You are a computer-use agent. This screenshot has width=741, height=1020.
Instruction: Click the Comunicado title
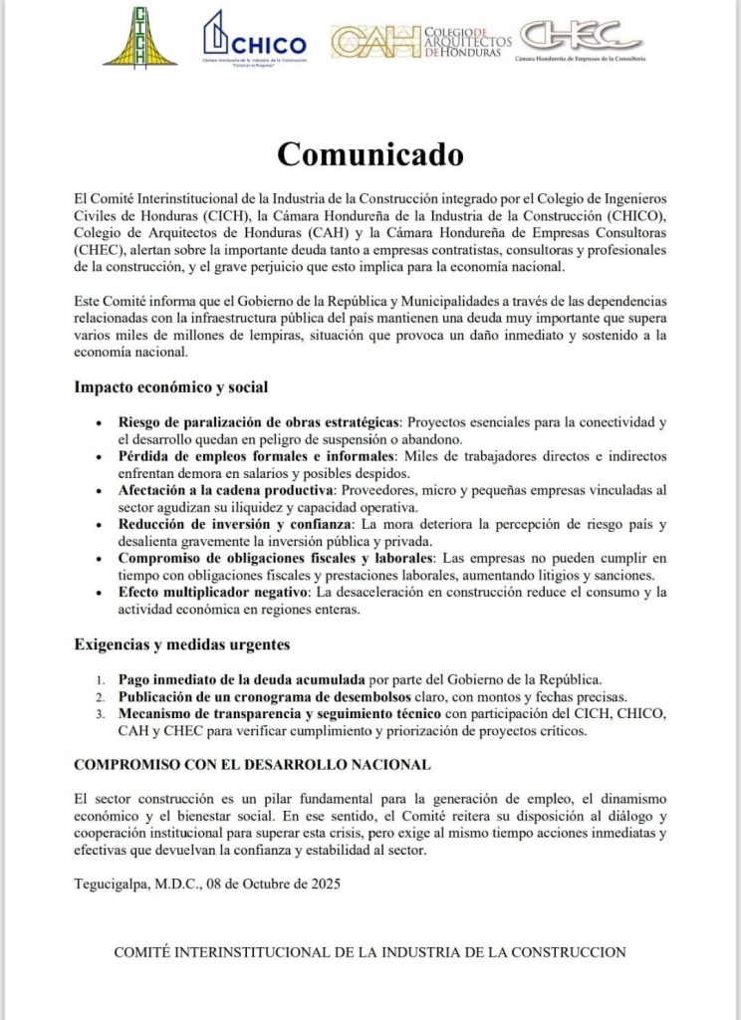[x=370, y=154]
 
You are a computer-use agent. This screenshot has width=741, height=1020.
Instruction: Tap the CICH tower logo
[x=139, y=37]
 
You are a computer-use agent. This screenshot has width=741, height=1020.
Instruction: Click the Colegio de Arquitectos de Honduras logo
[x=420, y=40]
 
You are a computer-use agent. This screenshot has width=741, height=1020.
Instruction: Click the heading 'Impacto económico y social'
[x=170, y=386]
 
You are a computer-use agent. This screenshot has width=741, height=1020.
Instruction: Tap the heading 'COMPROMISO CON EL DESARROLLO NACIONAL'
[x=253, y=764]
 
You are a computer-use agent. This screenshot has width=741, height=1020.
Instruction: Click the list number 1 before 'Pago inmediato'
[x=102, y=679]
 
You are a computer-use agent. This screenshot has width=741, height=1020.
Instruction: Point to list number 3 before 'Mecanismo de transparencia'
[x=102, y=714]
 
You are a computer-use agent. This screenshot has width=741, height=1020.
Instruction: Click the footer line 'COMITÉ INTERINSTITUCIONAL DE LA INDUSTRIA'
[x=370, y=952]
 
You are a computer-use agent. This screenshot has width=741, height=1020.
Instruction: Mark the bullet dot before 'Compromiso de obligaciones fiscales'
[x=98, y=559]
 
